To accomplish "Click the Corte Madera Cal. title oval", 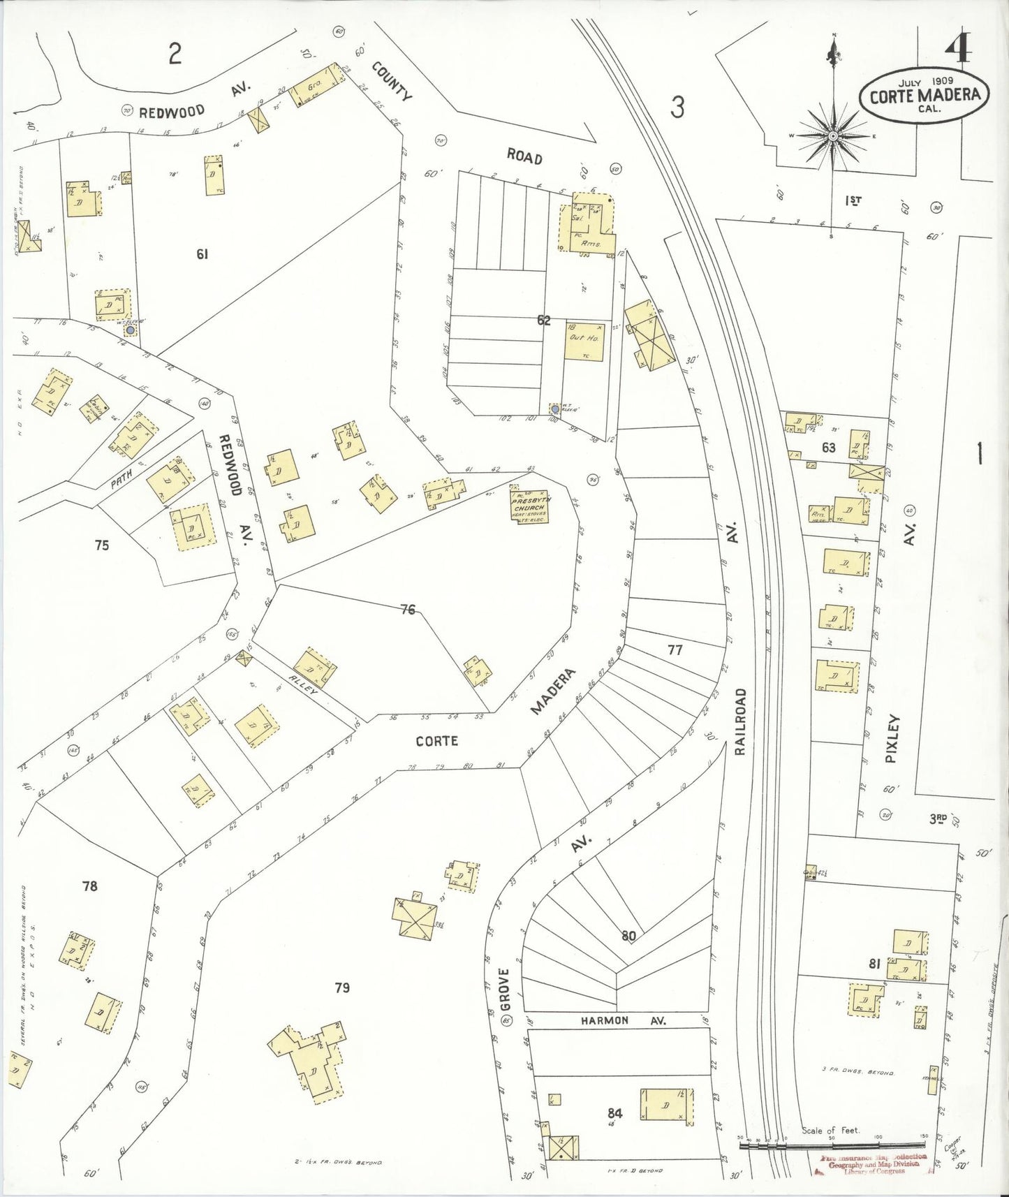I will tap(924, 96).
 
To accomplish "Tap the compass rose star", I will tap(832, 135).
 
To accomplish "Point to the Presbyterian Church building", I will tap(529, 506).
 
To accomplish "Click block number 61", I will tap(202, 254).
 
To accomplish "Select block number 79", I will tap(342, 987).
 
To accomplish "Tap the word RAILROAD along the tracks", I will tap(741, 721).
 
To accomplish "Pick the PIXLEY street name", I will tap(893, 738).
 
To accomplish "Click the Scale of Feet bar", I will tap(832, 1145).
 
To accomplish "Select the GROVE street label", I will tap(505, 990).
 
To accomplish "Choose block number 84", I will tap(615, 1112).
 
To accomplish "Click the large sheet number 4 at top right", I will tap(959, 47).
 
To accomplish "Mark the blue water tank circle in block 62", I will tap(554, 409).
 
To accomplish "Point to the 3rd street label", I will tap(938, 818).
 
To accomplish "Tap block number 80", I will tap(628, 936).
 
